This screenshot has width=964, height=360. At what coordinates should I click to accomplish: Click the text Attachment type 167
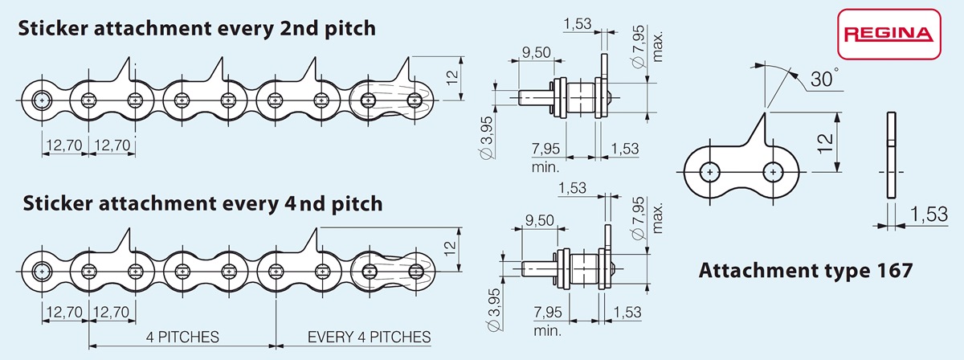point(806,271)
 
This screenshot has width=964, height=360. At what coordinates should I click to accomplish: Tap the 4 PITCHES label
point(182,336)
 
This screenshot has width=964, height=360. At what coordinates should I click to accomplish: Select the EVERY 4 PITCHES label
point(369,336)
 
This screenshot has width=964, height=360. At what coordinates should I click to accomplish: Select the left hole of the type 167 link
point(710,171)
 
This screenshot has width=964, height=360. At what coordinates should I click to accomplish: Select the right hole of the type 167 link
point(773,171)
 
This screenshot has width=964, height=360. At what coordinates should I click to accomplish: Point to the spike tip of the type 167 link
point(764,112)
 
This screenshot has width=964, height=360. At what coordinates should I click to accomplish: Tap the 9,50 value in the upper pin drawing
point(536,54)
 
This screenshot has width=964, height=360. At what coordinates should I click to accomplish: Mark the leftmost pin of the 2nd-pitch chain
point(42,100)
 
